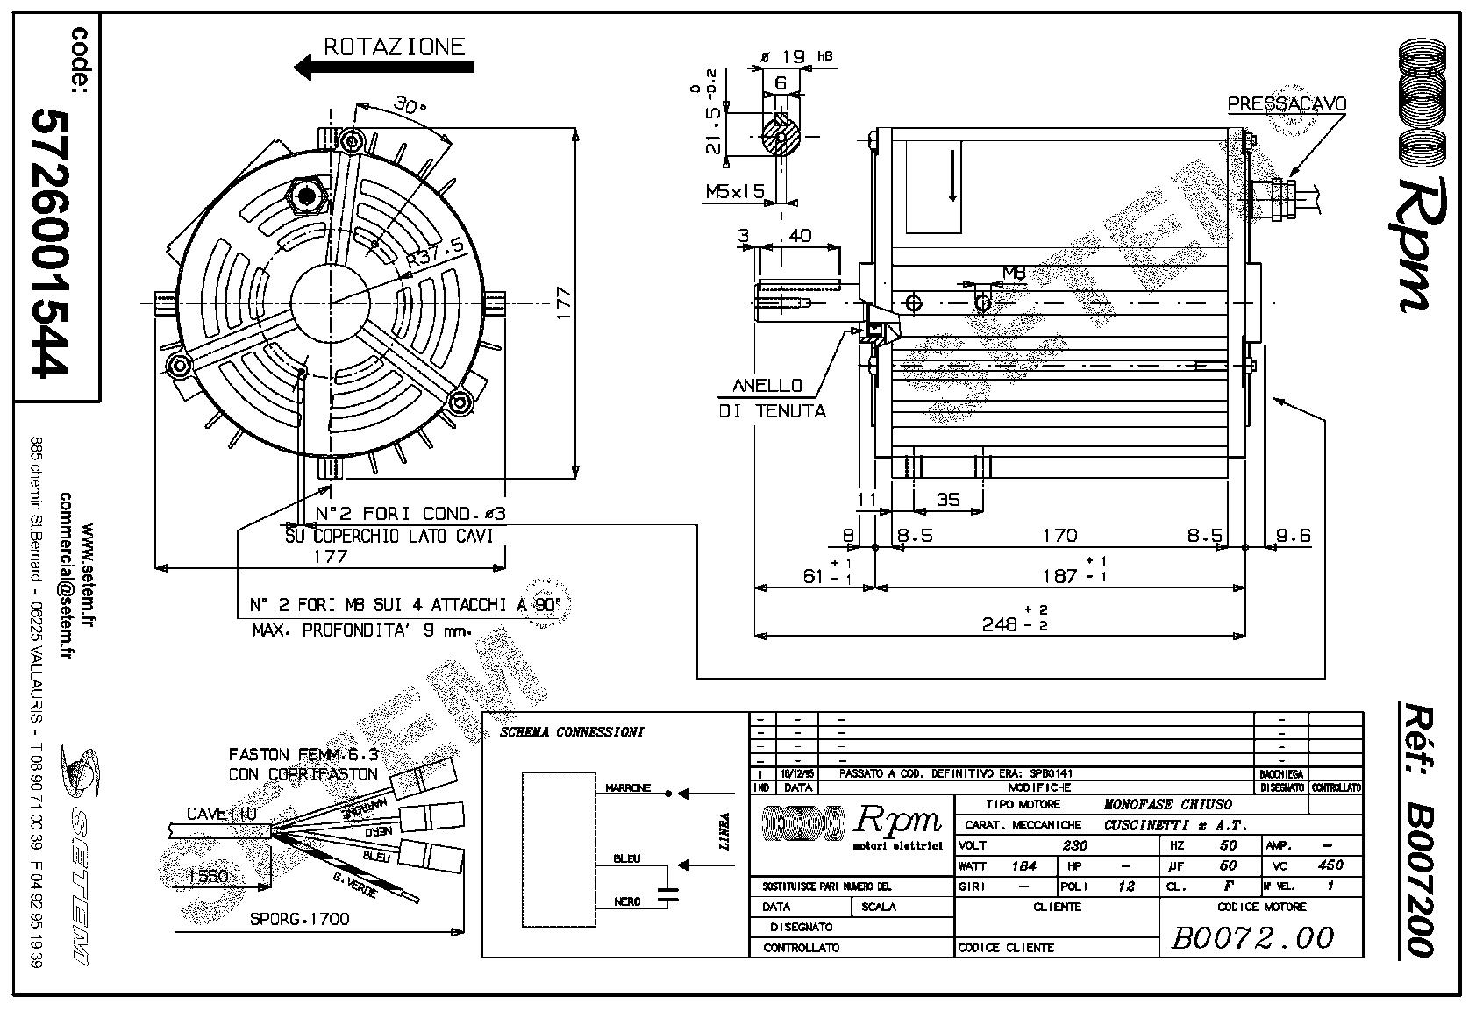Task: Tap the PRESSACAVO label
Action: tap(1286, 104)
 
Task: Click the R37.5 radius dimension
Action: tap(435, 253)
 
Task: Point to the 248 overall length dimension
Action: tap(1001, 623)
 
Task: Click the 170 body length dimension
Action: tap(1059, 534)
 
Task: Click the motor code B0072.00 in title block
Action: tap(1252, 937)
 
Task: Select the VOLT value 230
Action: tap(1074, 845)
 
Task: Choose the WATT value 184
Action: tap(1023, 865)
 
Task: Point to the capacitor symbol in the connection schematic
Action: tap(671, 893)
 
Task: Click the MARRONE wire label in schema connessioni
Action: tap(628, 788)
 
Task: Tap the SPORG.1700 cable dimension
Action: tap(299, 919)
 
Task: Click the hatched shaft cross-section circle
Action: tap(780, 136)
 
